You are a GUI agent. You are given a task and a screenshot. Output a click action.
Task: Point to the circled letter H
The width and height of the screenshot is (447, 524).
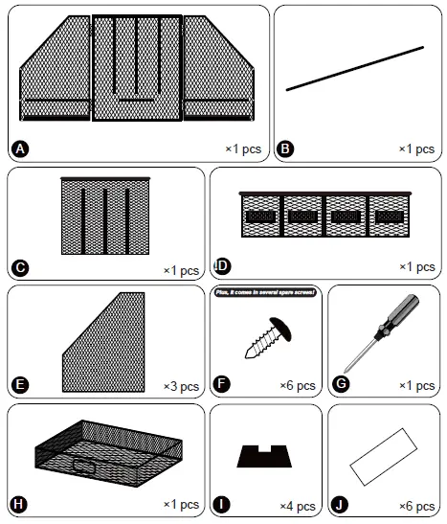[x=19, y=504]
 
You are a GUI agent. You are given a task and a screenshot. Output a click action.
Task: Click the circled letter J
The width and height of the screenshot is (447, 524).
[x=341, y=504]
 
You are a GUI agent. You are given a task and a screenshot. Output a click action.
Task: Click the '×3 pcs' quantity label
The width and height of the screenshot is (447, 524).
[x=182, y=386]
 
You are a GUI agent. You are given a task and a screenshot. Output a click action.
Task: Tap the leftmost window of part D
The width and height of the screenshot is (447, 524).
[x=262, y=216]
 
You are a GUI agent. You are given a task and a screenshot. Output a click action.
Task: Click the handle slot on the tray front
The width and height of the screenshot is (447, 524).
[x=84, y=467]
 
